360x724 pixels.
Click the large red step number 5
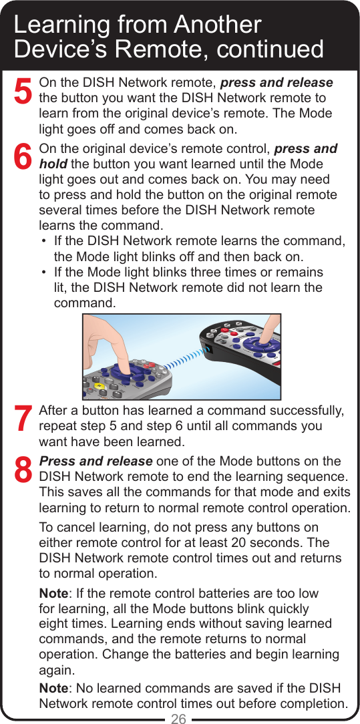pos(23,92)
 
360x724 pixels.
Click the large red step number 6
pos(23,158)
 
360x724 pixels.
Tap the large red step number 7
pos(23,419)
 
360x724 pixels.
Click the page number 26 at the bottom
pos(179,718)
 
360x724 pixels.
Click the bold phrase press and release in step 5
pos(277,83)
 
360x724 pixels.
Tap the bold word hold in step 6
pos(53,164)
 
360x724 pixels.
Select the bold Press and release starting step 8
pos(96,462)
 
